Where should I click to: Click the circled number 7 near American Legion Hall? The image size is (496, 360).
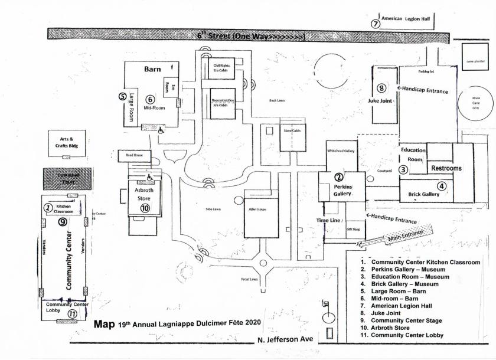click(375, 24)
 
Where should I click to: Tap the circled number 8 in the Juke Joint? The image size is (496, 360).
click(381, 89)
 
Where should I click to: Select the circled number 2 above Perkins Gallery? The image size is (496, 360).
click(339, 177)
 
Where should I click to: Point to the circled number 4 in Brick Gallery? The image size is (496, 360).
click(442, 185)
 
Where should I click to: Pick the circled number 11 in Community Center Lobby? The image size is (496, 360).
click(72, 315)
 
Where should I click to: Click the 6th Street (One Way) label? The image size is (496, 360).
click(252, 36)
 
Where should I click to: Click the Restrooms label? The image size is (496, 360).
click(446, 168)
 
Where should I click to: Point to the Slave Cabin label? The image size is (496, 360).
click(292, 130)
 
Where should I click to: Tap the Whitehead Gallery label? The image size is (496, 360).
click(340, 151)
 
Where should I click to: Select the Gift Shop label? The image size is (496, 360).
click(353, 228)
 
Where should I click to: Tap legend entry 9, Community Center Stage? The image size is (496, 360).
click(412, 321)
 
